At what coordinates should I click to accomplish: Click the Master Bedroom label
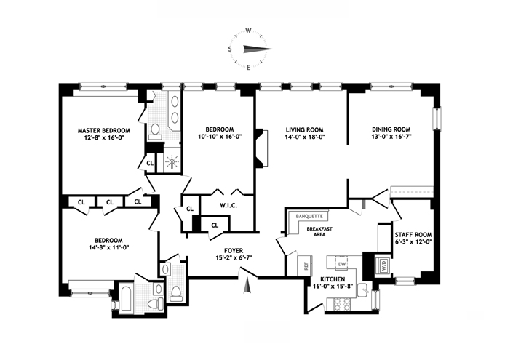pos(104,131)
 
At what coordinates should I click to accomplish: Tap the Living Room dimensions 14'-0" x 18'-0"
pos(304,137)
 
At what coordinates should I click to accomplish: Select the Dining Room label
pos(391,129)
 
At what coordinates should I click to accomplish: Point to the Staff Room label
pos(413,235)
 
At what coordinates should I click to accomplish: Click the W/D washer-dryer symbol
pos(383,265)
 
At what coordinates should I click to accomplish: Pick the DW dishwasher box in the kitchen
pos(342,264)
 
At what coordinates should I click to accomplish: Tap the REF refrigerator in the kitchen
pos(305,266)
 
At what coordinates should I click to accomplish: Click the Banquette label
pos(309,217)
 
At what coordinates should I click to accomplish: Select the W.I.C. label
pos(228,205)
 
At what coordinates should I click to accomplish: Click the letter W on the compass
pos(248,31)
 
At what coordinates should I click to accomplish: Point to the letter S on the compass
pos(230,49)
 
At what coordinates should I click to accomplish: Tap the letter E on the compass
pos(248,68)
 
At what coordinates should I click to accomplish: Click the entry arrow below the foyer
pos(247,286)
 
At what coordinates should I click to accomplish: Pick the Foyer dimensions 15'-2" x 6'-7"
pos(234,257)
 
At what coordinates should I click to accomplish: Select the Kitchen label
pos(333,279)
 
